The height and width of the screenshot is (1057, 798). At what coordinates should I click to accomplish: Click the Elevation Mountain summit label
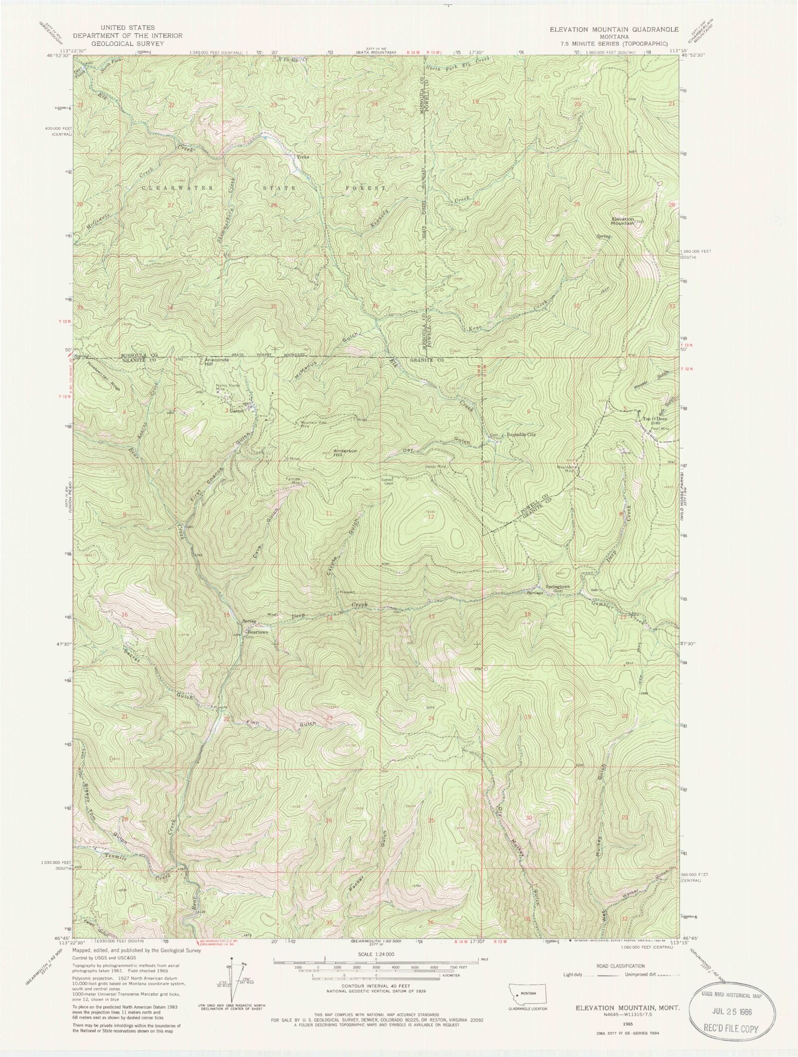(x=623, y=221)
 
